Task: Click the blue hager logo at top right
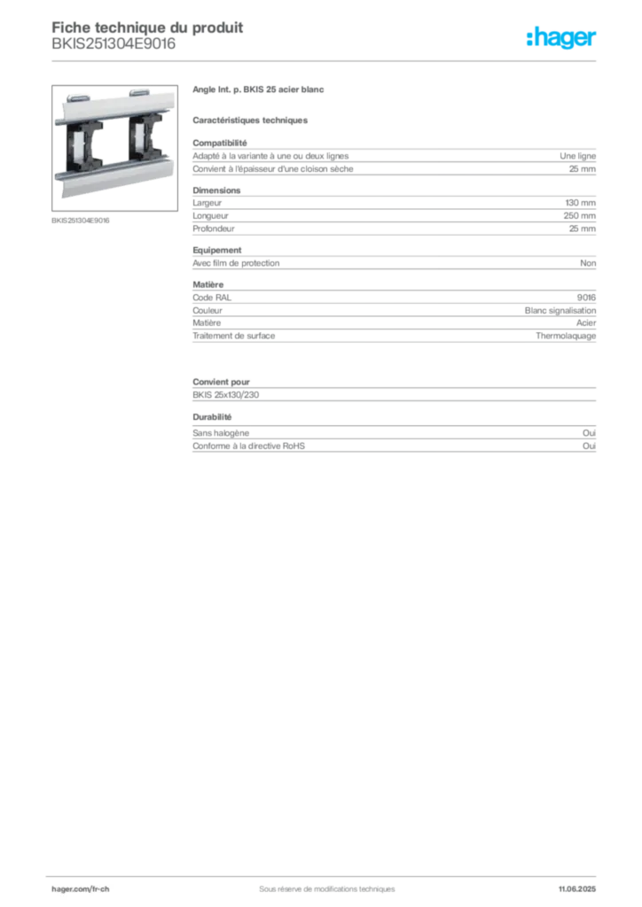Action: pos(562,38)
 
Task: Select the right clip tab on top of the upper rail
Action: pos(140,91)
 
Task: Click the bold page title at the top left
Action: pos(147,27)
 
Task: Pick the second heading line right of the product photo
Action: pos(251,119)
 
